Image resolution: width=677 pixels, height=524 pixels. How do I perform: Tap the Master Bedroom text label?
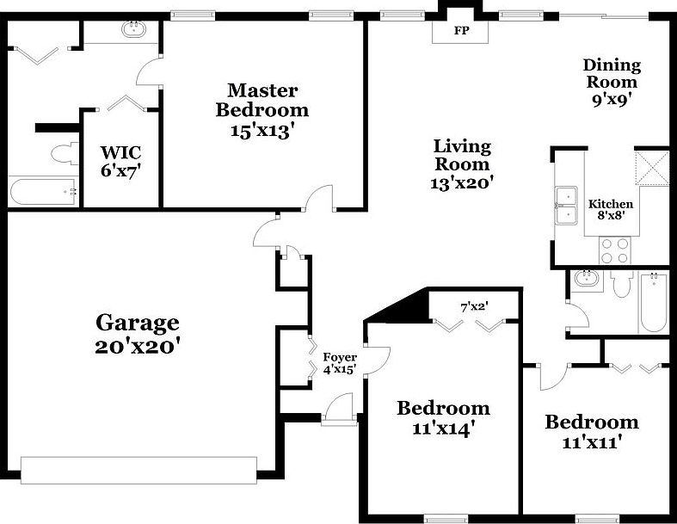coord(262,100)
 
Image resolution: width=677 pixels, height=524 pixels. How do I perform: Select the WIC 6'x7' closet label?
coord(120,160)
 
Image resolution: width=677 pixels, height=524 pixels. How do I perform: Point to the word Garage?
coord(137,323)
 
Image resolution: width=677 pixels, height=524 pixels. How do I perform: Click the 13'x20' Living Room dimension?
coord(461,182)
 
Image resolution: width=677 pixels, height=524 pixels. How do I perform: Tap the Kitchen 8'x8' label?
coord(611,210)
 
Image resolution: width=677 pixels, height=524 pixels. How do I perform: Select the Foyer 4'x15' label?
coord(340,363)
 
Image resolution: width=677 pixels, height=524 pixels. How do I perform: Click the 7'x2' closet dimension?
coord(476,306)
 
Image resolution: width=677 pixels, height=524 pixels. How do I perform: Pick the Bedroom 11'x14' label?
coord(443,417)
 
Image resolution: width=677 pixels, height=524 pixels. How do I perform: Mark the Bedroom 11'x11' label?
coord(592,431)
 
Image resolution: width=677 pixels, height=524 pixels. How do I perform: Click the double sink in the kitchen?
coord(566,205)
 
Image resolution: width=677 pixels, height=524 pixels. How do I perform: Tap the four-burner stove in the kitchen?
coord(613,250)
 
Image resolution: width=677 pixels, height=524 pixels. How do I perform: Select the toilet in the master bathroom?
coord(61,155)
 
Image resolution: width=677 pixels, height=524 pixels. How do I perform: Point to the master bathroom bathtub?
coord(42,192)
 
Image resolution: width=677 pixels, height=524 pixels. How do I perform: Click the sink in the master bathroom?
coord(133,30)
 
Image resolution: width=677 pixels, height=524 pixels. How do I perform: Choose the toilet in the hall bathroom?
coord(622,285)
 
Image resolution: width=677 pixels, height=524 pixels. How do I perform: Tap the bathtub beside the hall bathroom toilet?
coord(653,302)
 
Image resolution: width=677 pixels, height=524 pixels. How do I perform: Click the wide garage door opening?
coord(138,470)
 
